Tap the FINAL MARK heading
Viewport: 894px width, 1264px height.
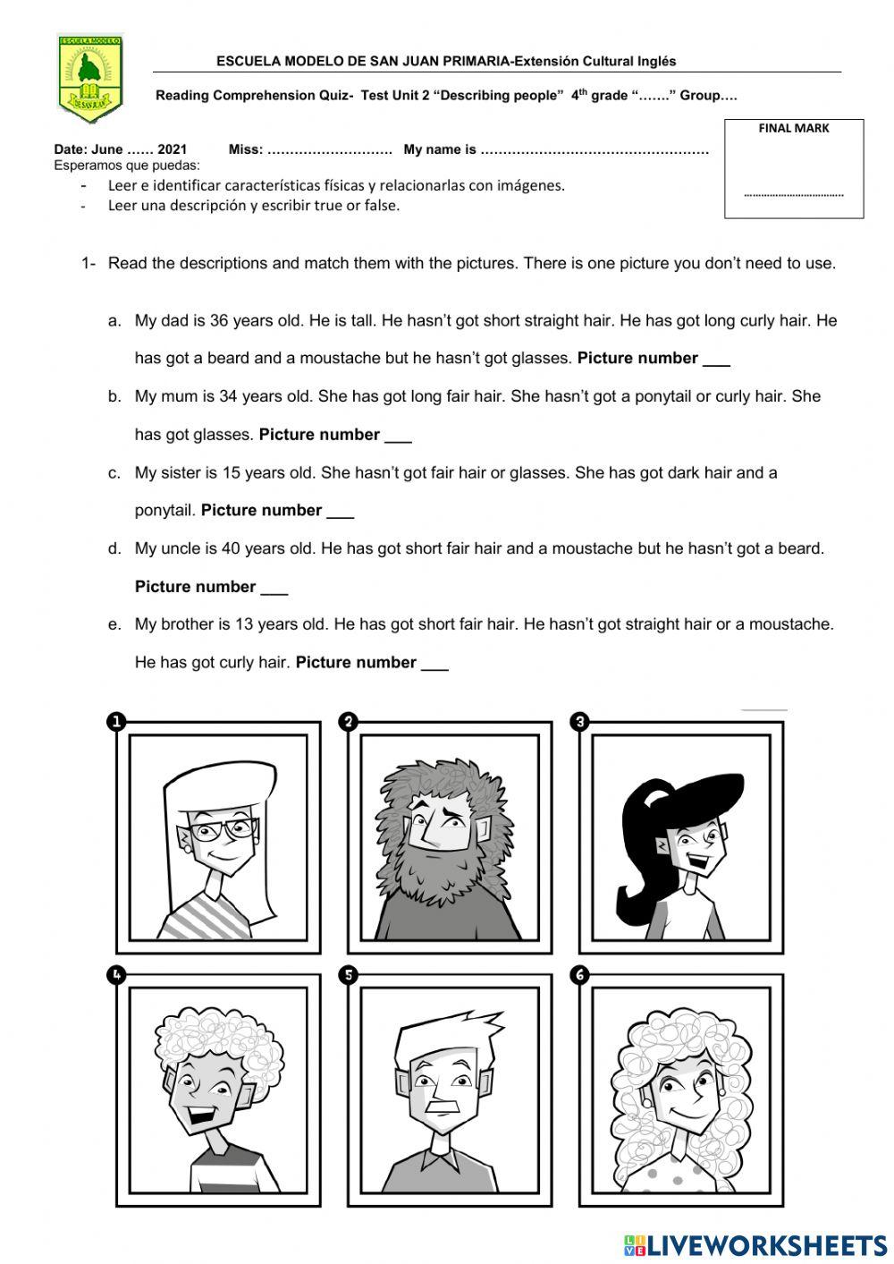tap(793, 128)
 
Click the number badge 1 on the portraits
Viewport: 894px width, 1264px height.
tap(116, 722)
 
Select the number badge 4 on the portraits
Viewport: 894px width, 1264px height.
tap(116, 974)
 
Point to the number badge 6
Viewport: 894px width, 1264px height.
tap(580, 974)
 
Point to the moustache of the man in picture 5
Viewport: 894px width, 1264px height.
tap(443, 1105)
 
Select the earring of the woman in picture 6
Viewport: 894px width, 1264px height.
tap(719, 1091)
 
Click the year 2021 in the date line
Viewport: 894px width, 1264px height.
tap(172, 149)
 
